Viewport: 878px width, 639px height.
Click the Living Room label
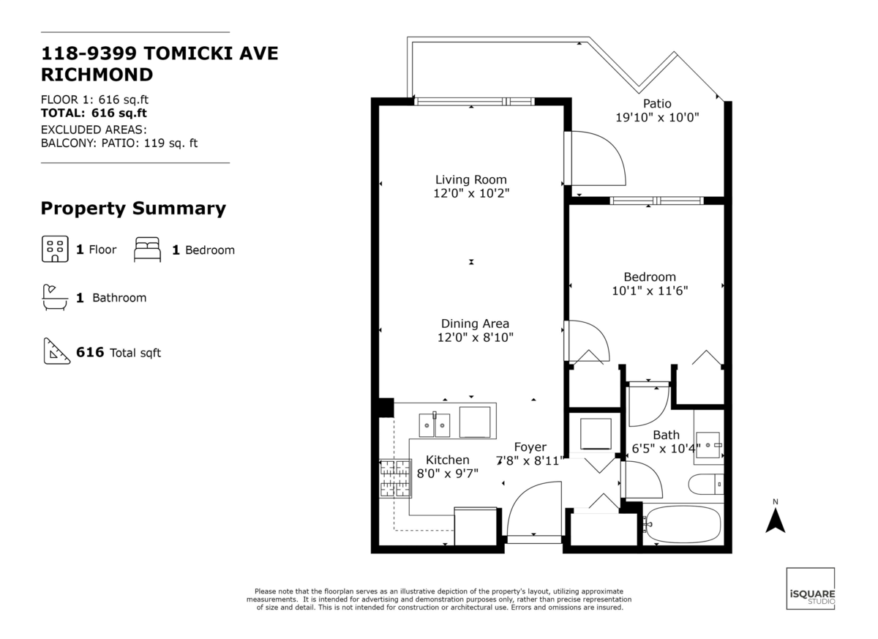click(x=470, y=179)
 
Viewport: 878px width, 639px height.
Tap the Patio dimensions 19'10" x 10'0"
click(x=656, y=117)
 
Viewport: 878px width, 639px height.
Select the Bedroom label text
click(x=649, y=277)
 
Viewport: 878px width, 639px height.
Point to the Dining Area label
click(x=475, y=324)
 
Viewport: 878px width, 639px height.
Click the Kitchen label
click(x=447, y=460)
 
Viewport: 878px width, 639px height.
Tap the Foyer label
click(x=530, y=447)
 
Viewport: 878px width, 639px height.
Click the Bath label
click(x=666, y=435)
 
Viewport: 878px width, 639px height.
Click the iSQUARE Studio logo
click(x=810, y=588)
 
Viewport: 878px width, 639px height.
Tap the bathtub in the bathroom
click(x=685, y=524)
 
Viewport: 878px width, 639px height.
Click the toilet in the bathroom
click(x=706, y=485)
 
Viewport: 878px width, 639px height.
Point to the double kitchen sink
click(x=435, y=425)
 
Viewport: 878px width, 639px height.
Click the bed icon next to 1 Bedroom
click(x=147, y=250)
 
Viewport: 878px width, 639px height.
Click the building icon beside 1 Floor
click(x=54, y=250)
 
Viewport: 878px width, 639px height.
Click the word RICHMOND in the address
click(x=97, y=74)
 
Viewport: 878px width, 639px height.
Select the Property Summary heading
click(x=133, y=209)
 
